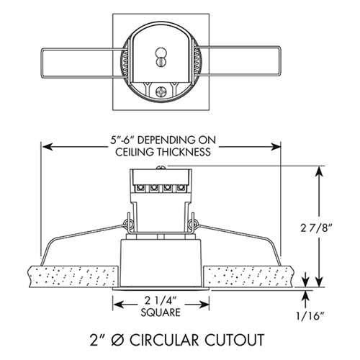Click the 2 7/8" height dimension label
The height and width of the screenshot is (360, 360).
pos(316,228)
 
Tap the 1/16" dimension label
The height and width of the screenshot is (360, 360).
pos(310,316)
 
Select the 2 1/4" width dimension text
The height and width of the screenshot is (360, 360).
pos(161,300)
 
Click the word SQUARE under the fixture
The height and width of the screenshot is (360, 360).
pos(161,312)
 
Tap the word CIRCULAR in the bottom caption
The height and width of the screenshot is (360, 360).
pos(164,340)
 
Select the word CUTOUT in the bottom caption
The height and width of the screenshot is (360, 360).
pos(235,340)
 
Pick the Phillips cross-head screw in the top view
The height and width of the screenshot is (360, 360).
pos(161,91)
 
